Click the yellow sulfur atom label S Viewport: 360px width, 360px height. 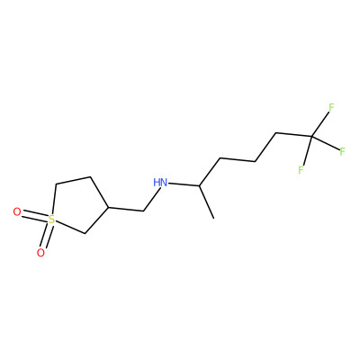click(51, 220)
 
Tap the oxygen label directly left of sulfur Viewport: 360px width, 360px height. click(17, 212)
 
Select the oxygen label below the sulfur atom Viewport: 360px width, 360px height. click(40, 253)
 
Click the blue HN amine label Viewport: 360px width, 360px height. click(160, 183)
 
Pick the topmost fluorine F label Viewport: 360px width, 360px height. click(331, 107)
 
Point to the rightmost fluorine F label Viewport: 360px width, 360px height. click(343, 152)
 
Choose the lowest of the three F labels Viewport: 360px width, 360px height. click(301, 170)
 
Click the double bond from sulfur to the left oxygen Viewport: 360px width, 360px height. click(34, 216)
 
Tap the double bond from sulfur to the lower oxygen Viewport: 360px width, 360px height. click(46, 237)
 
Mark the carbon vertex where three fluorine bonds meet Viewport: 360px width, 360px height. click(312, 137)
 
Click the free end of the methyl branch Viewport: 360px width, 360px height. click(213, 218)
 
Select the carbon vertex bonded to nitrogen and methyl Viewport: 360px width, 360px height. click(199, 185)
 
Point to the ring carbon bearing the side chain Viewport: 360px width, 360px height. click(107, 207)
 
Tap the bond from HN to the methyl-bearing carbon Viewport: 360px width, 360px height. click(184, 184)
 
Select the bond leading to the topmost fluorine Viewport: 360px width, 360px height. click(320, 125)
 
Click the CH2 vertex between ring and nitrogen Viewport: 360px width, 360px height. click(143, 211)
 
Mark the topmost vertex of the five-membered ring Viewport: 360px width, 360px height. click(90, 176)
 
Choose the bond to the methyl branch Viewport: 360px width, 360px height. click(206, 202)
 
